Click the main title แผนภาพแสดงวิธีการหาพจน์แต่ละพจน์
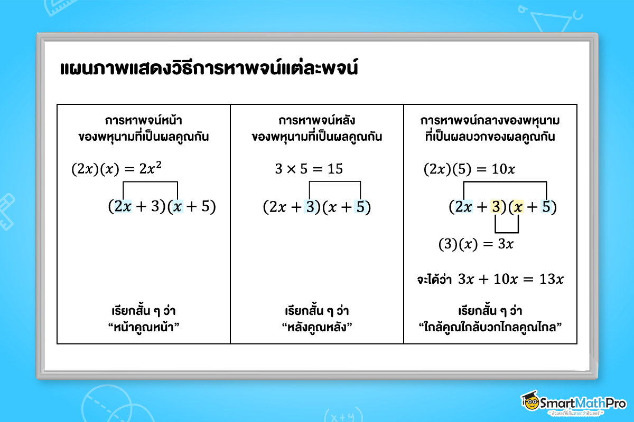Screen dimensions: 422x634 pyautogui.click(x=209, y=69)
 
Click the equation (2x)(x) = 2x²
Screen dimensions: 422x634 pyautogui.click(x=117, y=169)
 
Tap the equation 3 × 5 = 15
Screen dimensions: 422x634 pyautogui.click(x=309, y=169)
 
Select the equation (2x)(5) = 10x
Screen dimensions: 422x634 pyautogui.click(x=469, y=169)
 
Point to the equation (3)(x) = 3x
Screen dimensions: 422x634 pyautogui.click(x=476, y=244)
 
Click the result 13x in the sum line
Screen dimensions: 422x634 pyautogui.click(x=549, y=279)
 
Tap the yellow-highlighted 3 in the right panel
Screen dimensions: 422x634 pyautogui.click(x=496, y=207)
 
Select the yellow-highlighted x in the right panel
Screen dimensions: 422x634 pyautogui.click(x=518, y=207)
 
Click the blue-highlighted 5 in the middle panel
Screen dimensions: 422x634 pyautogui.click(x=360, y=207)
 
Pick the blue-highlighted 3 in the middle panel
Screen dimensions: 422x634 pyautogui.click(x=310, y=207)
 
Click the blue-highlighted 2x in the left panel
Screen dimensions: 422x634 pyautogui.click(x=123, y=207)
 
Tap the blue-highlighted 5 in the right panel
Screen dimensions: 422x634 pyautogui.click(x=546, y=207)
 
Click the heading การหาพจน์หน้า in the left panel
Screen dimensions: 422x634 pyautogui.click(x=143, y=120)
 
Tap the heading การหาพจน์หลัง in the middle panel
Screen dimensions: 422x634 pyautogui.click(x=317, y=120)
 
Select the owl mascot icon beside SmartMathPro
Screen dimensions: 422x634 pyautogui.click(x=530, y=401)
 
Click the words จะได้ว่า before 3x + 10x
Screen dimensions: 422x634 pyautogui.click(x=435, y=280)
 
